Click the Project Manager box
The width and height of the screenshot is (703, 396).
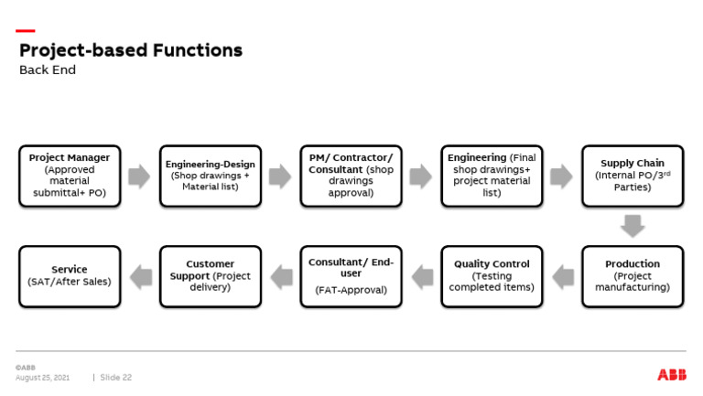click(70, 176)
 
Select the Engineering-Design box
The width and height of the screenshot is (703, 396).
click(211, 176)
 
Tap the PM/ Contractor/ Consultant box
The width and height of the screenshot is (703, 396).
click(351, 176)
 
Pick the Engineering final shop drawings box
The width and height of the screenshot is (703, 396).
click(492, 176)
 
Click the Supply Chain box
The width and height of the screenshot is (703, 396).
click(633, 176)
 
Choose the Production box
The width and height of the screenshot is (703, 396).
click(633, 275)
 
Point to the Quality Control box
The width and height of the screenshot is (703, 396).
click(492, 275)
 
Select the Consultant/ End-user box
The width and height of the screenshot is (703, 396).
click(351, 275)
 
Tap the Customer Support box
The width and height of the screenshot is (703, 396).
click(211, 275)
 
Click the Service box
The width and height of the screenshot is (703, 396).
click(70, 275)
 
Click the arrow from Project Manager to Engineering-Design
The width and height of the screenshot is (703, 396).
click(139, 177)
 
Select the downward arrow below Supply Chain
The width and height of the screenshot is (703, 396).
click(633, 226)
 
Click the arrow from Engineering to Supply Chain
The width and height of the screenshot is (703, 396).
click(561, 177)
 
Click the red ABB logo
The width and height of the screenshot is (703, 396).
click(671, 375)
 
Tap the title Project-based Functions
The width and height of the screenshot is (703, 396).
click(131, 50)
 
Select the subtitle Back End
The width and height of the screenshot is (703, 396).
click(48, 70)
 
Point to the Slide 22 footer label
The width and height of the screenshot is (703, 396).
click(116, 377)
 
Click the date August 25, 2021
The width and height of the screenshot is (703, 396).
click(42, 377)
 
